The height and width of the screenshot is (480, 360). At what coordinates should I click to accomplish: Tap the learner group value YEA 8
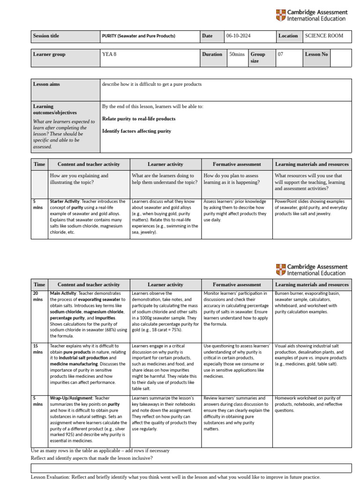pos(109,54)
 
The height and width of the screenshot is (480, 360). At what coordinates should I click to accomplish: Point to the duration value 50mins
pos(237,54)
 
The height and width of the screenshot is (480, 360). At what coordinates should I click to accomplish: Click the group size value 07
pos(281,54)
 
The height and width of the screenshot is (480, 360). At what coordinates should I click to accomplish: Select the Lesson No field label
pos(316,54)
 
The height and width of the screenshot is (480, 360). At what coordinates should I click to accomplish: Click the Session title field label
pos(46,36)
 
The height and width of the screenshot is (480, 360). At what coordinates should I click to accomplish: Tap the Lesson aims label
pos(46,84)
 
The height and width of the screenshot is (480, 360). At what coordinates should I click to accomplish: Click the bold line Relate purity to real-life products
pos(139,119)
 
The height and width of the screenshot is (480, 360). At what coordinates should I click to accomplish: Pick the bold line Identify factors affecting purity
pos(136,131)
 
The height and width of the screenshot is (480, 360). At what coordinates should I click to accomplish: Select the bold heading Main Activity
pos(63,293)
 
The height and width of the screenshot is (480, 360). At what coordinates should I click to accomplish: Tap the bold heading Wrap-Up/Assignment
pos(72,398)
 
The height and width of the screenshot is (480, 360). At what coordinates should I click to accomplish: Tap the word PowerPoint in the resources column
pos(286,202)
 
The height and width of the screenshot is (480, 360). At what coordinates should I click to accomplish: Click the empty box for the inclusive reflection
pos(191,468)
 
